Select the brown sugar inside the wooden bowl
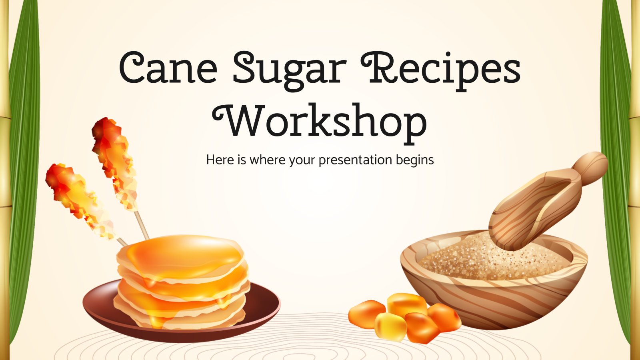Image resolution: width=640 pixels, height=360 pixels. (480, 260)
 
